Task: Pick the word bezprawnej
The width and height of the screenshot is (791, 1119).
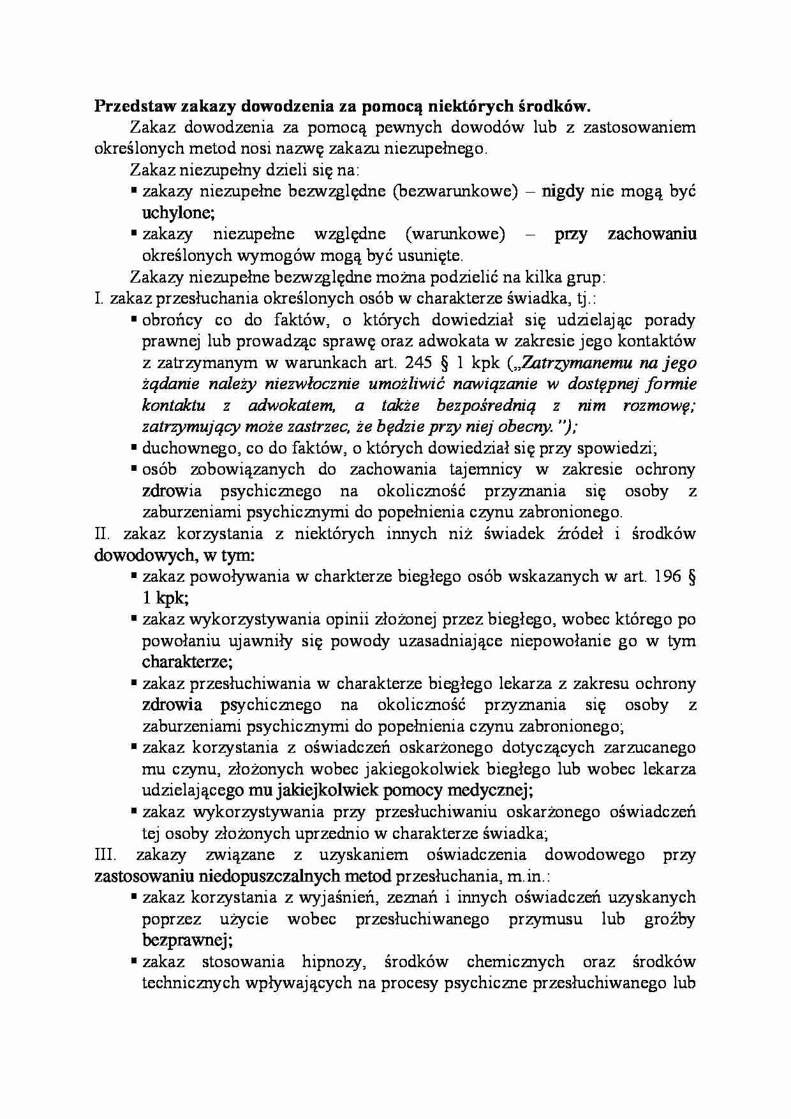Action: coord(185,940)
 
